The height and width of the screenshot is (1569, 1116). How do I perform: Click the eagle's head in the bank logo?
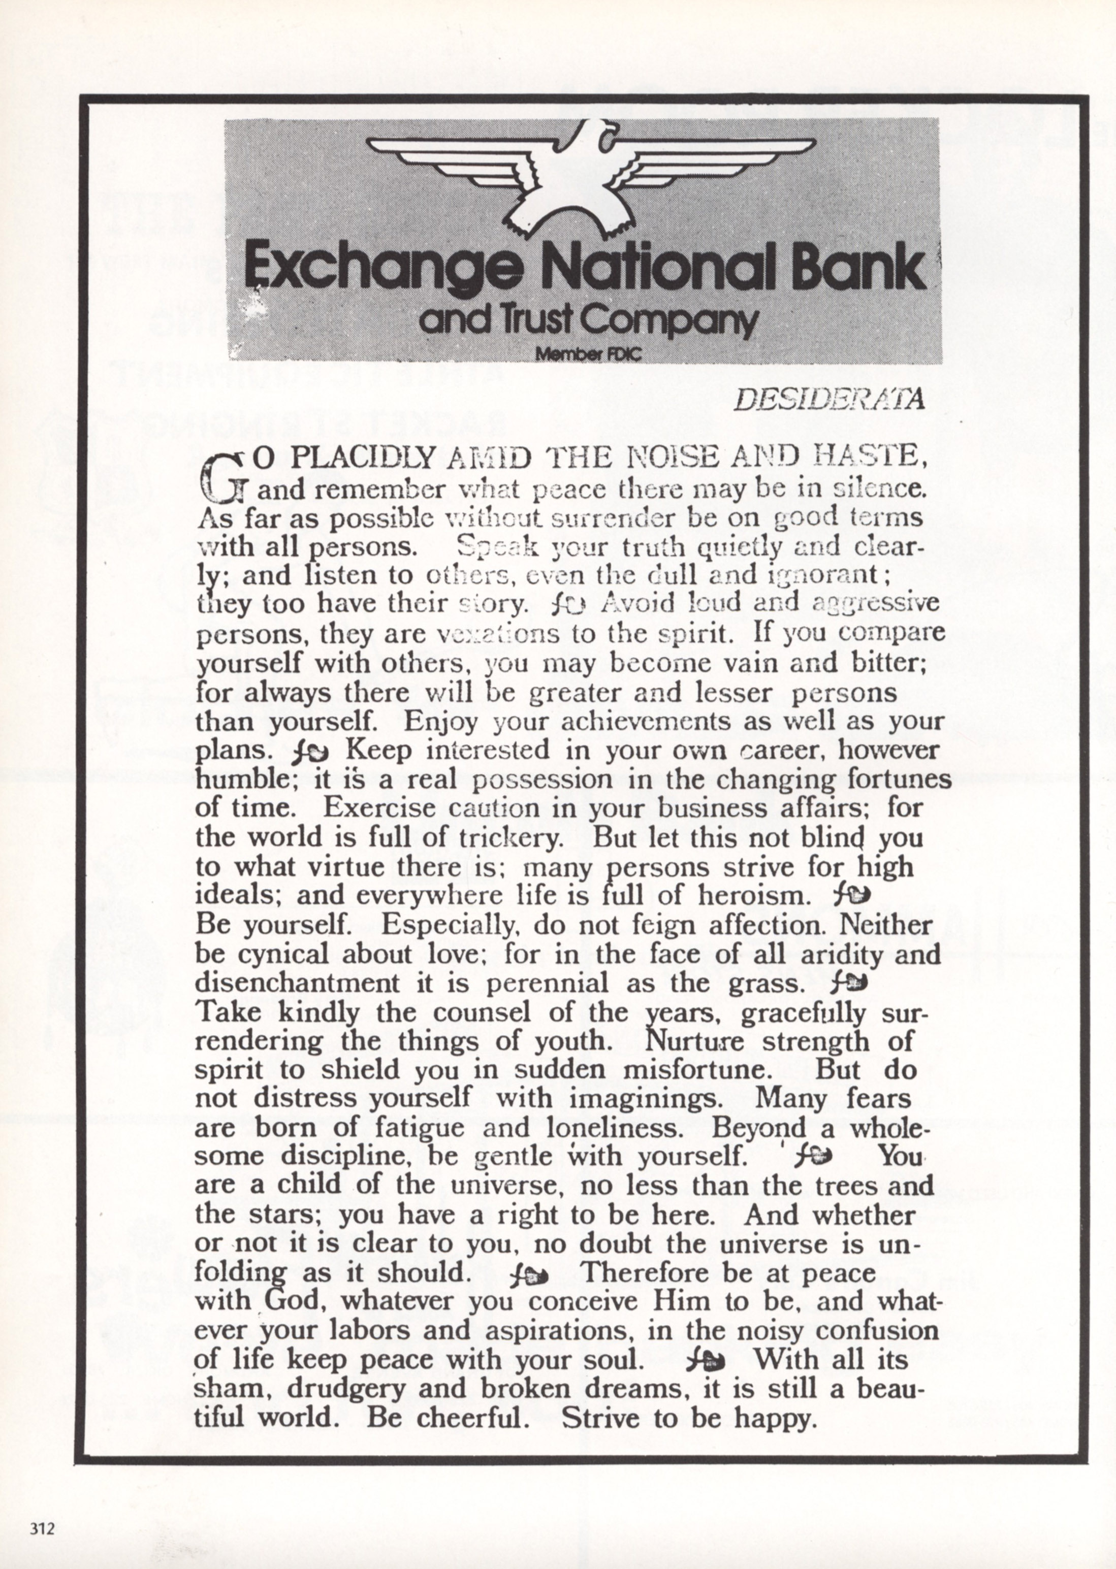coord(604,138)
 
